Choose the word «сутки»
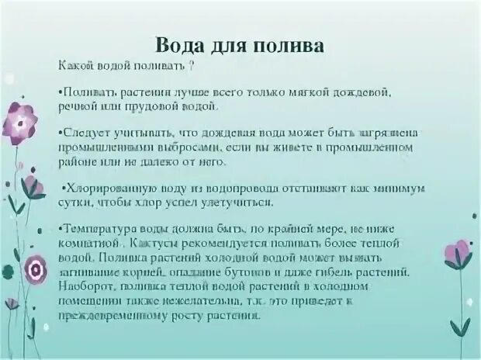click(77, 202)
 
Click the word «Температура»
click(95, 228)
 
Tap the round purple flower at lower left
click(33, 269)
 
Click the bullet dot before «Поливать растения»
click(61, 92)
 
